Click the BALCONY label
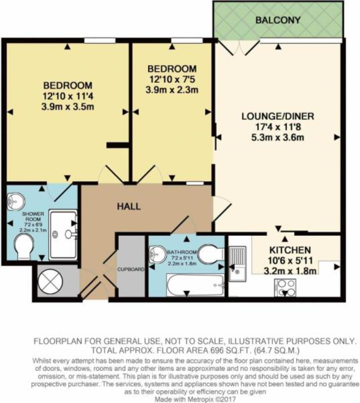pyautogui.click(x=278, y=20)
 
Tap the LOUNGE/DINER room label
pyautogui.click(x=278, y=116)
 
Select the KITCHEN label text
pyautogui.click(x=290, y=250)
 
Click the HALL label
pyautogui.click(x=129, y=206)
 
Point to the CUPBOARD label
pyautogui.click(x=131, y=269)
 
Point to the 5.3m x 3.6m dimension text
pyautogui.click(x=278, y=138)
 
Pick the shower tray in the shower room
pyautogui.click(x=63, y=234)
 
